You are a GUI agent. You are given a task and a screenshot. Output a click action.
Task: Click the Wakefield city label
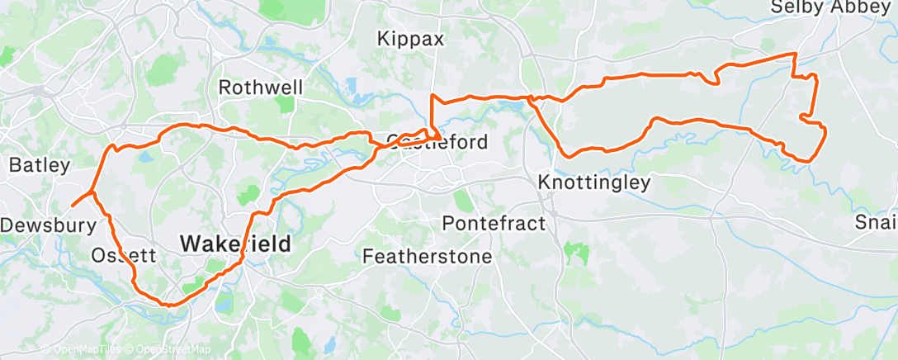(236, 244)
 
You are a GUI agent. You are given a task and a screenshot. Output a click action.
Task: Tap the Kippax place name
(410, 39)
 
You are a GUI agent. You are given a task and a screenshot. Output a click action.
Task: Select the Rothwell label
(261, 88)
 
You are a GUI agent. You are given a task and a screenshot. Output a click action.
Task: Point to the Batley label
(39, 165)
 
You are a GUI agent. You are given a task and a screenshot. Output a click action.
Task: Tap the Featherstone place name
(428, 257)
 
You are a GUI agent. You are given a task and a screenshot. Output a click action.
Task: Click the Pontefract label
(494, 223)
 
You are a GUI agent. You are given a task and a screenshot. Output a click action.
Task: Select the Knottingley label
(593, 182)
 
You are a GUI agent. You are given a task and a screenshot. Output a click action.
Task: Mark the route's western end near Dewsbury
(73, 205)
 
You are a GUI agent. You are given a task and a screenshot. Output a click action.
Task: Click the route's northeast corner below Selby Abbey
(795, 54)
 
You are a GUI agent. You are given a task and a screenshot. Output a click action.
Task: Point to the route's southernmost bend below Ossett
(169, 304)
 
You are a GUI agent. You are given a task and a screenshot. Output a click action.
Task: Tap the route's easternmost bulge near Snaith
(825, 132)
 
